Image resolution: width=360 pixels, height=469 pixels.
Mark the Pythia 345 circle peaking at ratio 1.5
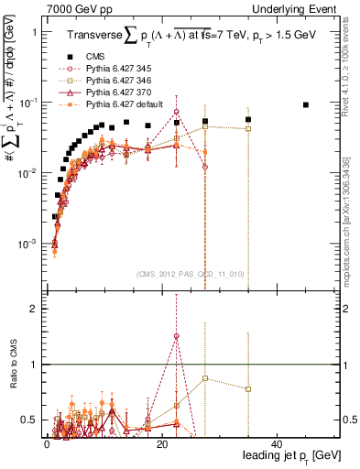click(176, 336)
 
